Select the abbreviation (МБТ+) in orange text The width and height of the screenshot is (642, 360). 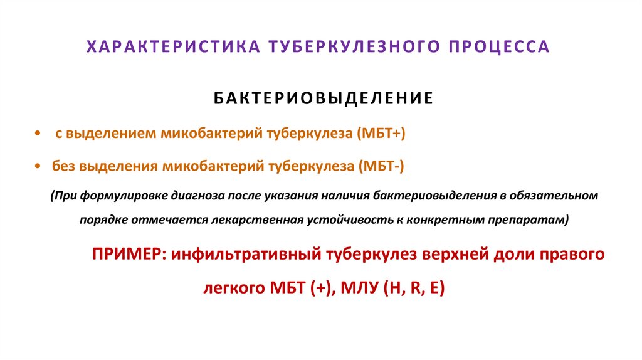tap(382, 134)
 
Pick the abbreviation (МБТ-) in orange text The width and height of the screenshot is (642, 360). tap(382, 166)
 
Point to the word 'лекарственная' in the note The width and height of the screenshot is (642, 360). tap(266, 220)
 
